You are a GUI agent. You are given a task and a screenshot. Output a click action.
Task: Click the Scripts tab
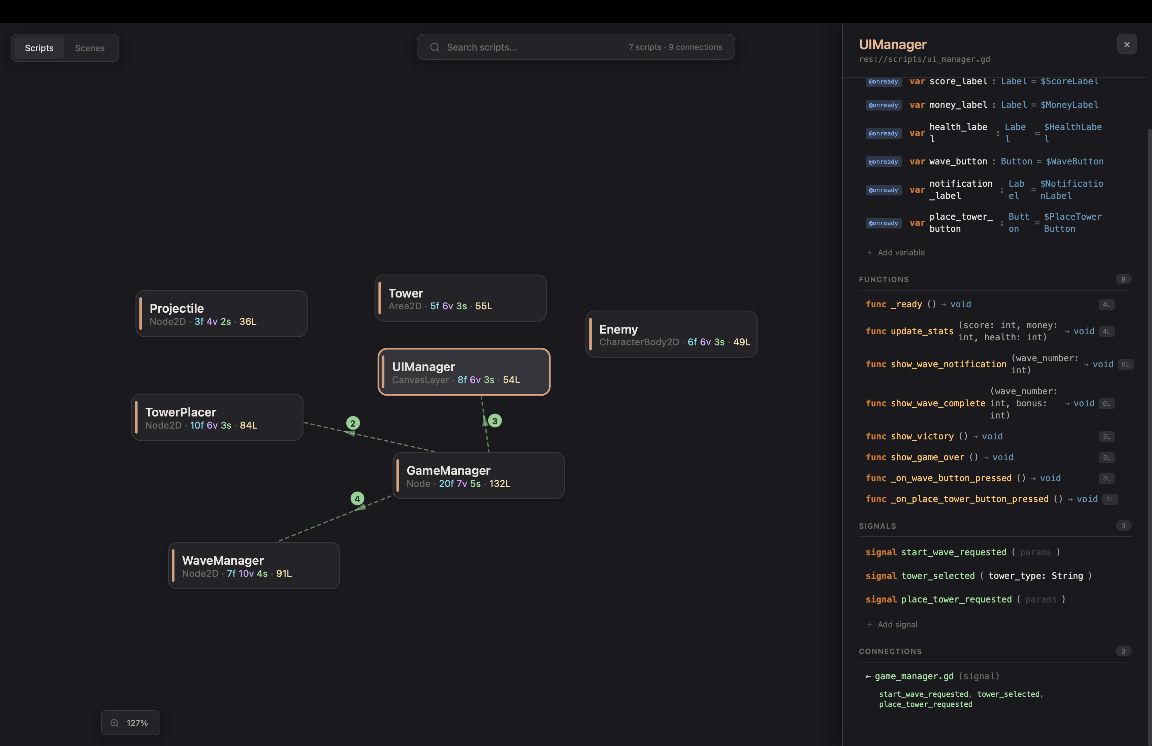(x=39, y=48)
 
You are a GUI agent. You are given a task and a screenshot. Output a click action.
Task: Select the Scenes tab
(x=90, y=48)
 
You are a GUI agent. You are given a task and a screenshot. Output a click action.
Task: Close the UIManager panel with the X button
(x=1127, y=44)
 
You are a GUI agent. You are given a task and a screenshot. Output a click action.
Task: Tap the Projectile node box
(x=222, y=314)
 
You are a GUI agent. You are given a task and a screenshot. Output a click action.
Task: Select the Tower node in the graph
(x=460, y=298)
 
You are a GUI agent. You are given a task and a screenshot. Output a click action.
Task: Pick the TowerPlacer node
(x=217, y=417)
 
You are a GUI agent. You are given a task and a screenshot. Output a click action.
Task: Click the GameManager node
(x=478, y=476)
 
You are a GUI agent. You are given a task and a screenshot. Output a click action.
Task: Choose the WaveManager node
(x=254, y=565)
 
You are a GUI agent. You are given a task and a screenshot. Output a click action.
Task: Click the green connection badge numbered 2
(x=353, y=423)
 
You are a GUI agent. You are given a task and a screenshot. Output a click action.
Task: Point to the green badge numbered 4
(x=357, y=499)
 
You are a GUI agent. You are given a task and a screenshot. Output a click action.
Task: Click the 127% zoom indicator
(x=131, y=723)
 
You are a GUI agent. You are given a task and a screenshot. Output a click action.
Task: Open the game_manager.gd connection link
(x=914, y=676)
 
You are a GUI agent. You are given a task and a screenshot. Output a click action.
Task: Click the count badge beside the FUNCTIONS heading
(x=1123, y=279)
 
